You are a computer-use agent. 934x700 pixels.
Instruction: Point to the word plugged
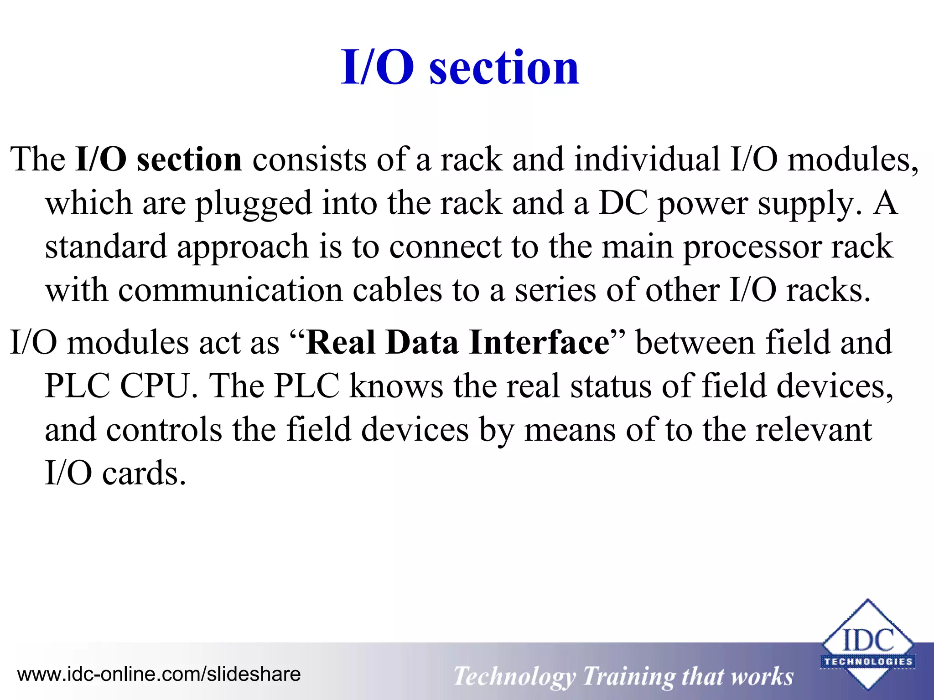point(254,204)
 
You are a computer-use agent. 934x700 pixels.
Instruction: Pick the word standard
point(106,247)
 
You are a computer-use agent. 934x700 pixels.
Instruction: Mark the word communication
point(230,290)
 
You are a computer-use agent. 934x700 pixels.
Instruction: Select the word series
point(555,290)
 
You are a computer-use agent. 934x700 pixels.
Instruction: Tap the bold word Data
point(422,342)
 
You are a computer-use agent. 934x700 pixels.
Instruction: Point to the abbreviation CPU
point(155,386)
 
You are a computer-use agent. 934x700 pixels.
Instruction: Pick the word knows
point(396,386)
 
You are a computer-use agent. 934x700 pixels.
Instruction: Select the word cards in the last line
point(144,474)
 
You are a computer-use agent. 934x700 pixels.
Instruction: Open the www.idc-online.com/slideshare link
point(159,674)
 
